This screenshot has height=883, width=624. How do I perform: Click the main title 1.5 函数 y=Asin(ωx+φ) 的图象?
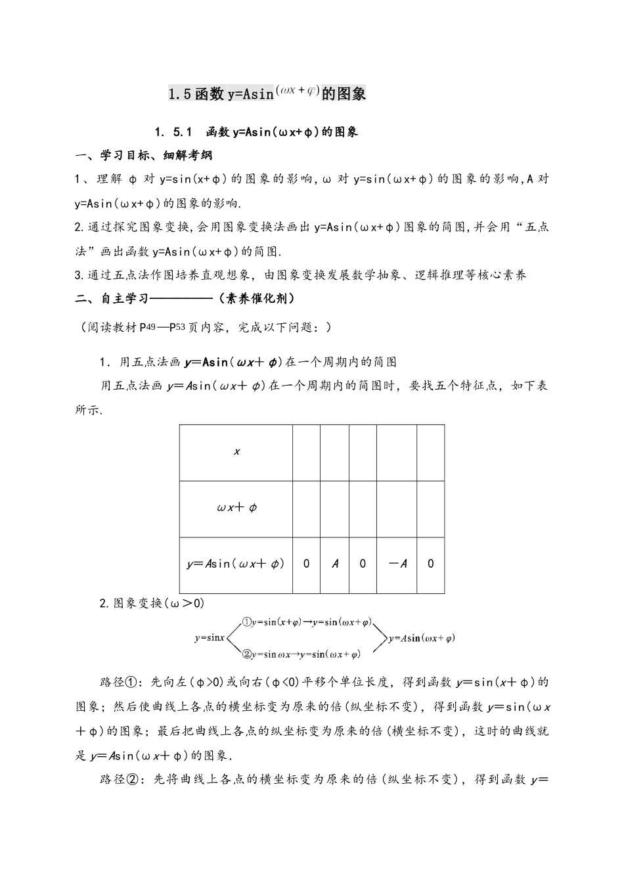[266, 93]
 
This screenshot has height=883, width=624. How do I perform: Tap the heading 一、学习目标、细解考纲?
[144, 156]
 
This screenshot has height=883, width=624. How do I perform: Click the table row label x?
[236, 452]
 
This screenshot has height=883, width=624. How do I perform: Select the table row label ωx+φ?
[236, 508]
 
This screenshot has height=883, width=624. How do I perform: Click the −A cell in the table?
[397, 564]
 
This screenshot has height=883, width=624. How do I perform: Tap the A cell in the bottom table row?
[335, 564]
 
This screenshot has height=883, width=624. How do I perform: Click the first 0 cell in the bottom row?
[306, 564]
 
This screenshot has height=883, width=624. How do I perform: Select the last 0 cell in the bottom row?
[430, 564]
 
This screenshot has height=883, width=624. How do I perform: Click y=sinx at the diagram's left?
[210, 637]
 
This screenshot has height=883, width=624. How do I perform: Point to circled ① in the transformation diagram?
[246, 622]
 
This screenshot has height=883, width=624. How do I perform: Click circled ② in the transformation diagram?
[246, 654]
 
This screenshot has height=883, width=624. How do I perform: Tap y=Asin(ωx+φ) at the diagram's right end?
[422, 637]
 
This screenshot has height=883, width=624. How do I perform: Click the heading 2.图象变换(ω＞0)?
[152, 602]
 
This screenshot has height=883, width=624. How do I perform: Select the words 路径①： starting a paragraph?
[116, 682]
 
